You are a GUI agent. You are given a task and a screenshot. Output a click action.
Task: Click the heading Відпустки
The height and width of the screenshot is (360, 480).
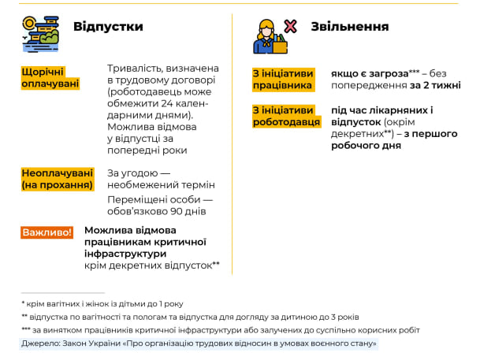pyautogui.click(x=108, y=27)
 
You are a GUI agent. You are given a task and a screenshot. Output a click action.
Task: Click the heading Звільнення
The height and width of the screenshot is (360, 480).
pyautogui.click(x=350, y=27)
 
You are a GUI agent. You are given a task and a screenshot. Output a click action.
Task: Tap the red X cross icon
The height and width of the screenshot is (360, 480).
pyautogui.click(x=290, y=26)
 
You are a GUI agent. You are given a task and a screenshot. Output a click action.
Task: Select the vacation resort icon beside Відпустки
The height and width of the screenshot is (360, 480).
pyautogui.click(x=40, y=34)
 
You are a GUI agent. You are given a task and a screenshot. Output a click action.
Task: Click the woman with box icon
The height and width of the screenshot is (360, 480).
pyautogui.click(x=270, y=37)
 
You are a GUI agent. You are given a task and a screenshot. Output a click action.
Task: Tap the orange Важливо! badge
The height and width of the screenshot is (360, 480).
pyautogui.click(x=47, y=232)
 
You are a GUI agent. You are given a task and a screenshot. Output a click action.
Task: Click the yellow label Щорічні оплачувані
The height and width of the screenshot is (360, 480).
pyautogui.click(x=50, y=78)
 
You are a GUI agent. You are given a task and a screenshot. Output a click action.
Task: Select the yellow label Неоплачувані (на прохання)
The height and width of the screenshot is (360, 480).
pyautogui.click(x=58, y=179)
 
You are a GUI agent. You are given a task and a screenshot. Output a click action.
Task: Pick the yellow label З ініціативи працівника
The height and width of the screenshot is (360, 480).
pyautogui.click(x=283, y=80)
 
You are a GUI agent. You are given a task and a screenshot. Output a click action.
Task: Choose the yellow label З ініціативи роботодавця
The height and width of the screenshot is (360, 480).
pyautogui.click(x=287, y=116)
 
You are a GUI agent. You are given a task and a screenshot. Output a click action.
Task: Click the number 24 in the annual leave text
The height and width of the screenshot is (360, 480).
pyautogui.click(x=167, y=104)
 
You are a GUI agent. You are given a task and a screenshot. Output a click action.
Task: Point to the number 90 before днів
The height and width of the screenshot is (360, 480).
pyautogui.click(x=177, y=211)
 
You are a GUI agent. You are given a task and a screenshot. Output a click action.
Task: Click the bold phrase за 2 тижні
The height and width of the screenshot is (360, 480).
pyautogui.click(x=435, y=85)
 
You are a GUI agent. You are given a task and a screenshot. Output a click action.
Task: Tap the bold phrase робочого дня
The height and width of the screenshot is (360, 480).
pyautogui.click(x=367, y=146)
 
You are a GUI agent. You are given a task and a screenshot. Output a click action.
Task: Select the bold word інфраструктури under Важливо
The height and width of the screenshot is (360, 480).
pyautogui.click(x=125, y=254)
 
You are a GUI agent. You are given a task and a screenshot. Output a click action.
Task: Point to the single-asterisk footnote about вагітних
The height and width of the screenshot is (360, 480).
pyautogui.click(x=102, y=304)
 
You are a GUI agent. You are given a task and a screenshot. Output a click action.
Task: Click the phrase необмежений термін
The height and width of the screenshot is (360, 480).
pyautogui.click(x=161, y=185)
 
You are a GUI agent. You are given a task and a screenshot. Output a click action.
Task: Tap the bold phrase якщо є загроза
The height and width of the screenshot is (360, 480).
pyautogui.click(x=370, y=74)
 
